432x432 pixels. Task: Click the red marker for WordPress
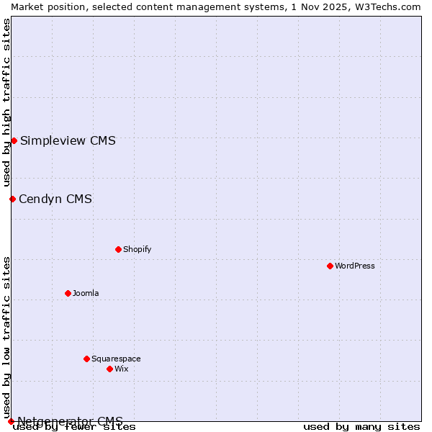pos(330,266)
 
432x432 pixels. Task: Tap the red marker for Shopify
pos(118,249)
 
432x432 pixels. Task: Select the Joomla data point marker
pos(68,293)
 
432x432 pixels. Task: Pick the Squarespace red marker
pos(86,359)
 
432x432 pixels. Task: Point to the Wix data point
pos(109,369)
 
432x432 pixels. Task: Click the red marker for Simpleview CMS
pos(14,140)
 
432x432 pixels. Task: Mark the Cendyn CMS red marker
pos(12,199)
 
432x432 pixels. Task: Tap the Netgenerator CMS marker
pos(11,421)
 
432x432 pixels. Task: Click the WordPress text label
pos(355,266)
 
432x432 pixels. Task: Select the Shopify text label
pos(137,249)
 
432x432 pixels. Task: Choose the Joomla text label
pos(86,293)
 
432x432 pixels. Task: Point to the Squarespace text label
pos(116,359)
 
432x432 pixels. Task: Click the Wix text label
pos(121,369)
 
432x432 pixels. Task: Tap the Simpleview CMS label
pos(68,140)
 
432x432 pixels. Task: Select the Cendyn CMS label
pos(55,199)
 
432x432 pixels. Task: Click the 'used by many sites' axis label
pos(361,426)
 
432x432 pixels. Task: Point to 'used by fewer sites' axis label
pos(74,426)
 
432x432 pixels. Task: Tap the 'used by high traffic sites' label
pos(6,102)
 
